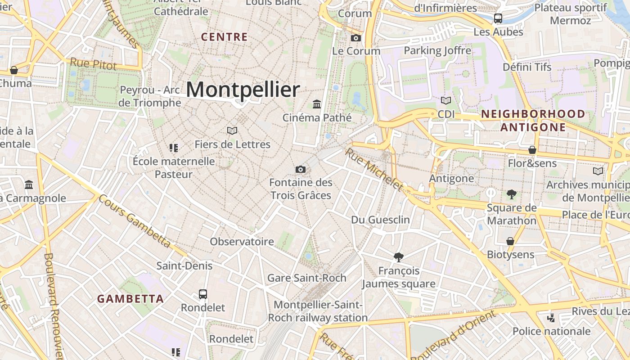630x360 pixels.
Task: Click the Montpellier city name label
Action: [x=243, y=90]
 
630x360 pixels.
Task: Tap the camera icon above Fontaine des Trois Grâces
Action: [x=301, y=169]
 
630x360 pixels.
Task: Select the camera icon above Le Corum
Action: [x=356, y=38]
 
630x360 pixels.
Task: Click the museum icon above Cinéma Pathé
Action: [x=317, y=104]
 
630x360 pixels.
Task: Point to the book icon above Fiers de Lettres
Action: [x=232, y=130]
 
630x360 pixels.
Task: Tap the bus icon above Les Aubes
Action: [x=498, y=18]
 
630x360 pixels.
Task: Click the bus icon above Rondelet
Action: [x=203, y=294]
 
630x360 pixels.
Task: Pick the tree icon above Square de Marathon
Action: [x=511, y=194]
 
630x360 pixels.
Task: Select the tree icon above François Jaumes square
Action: [x=398, y=257]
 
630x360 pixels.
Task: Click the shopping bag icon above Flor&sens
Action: [x=532, y=150]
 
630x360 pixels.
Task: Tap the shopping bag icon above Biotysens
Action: [x=510, y=241]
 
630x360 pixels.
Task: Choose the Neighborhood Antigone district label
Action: [x=533, y=121]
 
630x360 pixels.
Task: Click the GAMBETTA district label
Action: [x=130, y=299]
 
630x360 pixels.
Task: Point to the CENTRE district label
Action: [x=225, y=37]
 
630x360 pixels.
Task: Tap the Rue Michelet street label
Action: [x=373, y=169]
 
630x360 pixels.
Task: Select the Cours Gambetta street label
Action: [x=135, y=221]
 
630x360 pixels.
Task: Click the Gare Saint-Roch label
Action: [x=307, y=278]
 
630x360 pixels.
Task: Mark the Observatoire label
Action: [x=242, y=242]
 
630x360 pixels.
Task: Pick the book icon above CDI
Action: [x=446, y=100]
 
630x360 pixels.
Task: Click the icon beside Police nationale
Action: [x=551, y=318]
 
